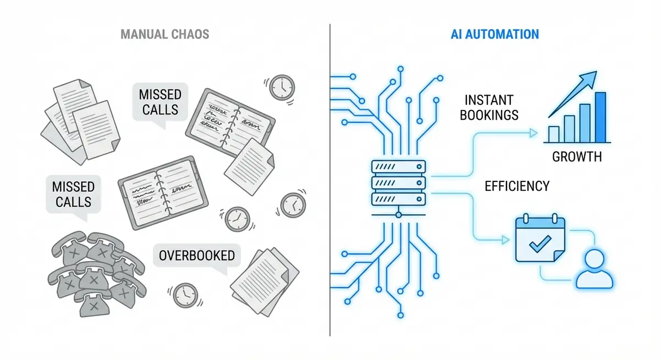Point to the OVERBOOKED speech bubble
coord(196,256)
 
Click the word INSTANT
coord(489,101)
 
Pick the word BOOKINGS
coord(491,115)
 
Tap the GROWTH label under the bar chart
coord(576,157)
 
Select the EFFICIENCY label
coord(516,186)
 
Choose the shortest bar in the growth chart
coord(554,134)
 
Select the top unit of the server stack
coord(399,166)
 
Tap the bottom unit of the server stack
coord(399,198)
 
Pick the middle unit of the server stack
coord(399,182)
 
